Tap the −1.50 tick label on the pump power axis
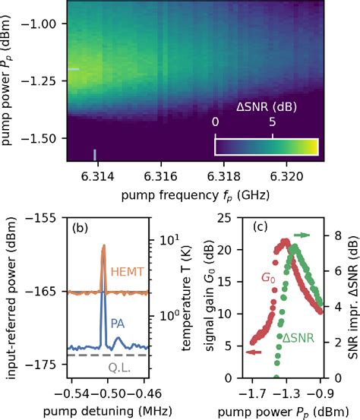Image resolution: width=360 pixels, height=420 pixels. (43, 137)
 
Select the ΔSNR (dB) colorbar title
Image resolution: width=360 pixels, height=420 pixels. (263, 105)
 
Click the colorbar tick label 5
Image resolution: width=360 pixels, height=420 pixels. (273, 122)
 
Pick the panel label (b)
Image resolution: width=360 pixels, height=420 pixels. (81, 227)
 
